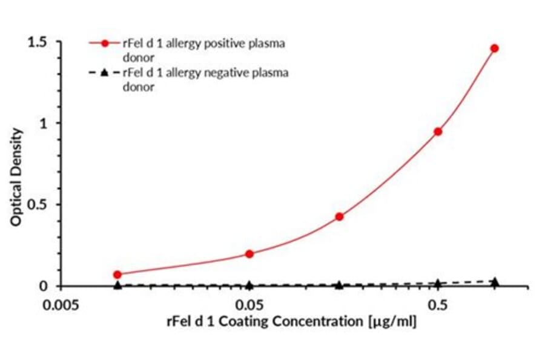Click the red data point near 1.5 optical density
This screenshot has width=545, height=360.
[x=495, y=48]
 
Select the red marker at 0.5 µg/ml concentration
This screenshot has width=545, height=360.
[x=438, y=131]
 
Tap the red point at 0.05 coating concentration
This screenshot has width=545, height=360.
[x=249, y=254]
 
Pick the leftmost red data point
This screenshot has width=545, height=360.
[x=117, y=275]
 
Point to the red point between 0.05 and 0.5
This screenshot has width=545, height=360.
[x=339, y=216]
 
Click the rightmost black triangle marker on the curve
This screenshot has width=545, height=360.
[x=495, y=281]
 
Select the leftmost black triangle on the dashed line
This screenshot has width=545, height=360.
[x=117, y=285]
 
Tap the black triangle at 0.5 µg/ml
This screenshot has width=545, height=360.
[x=438, y=283]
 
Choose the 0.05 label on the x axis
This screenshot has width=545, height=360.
[x=249, y=304]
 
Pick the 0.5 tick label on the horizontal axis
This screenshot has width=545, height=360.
[x=438, y=304]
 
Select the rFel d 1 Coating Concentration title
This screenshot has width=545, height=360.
[x=291, y=322]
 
